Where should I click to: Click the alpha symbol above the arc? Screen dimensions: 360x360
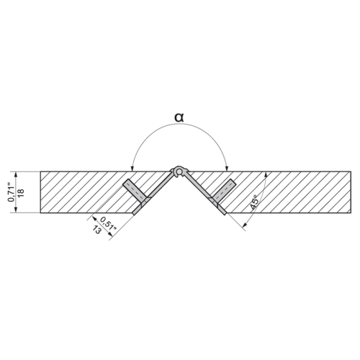(x=179, y=117)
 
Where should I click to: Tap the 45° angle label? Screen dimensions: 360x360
(x=254, y=202)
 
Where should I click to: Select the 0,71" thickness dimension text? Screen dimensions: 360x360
(x=11, y=192)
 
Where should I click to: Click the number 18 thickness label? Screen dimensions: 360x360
(x=21, y=192)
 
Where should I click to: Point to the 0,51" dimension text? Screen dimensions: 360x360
(x=108, y=223)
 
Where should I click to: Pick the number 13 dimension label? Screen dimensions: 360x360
(x=96, y=230)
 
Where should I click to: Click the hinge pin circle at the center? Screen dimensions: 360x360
(x=178, y=171)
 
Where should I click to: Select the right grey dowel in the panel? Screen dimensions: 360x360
(x=225, y=191)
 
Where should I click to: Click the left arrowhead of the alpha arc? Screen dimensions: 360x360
(x=132, y=168)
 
